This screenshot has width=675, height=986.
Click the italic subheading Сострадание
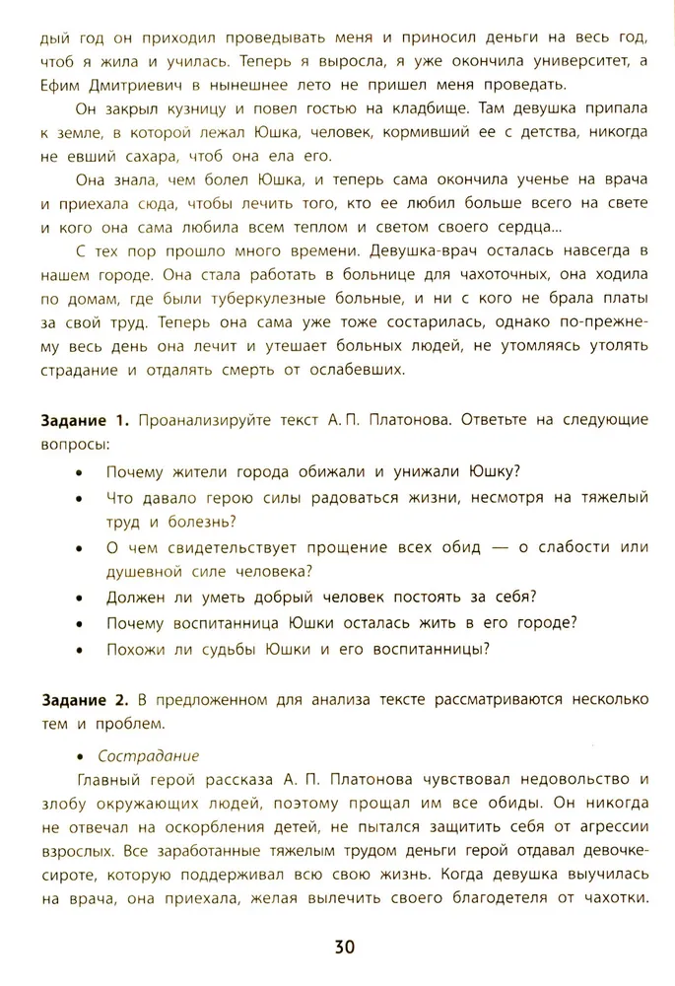pos(149,756)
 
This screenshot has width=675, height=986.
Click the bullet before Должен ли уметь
pos(80,597)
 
